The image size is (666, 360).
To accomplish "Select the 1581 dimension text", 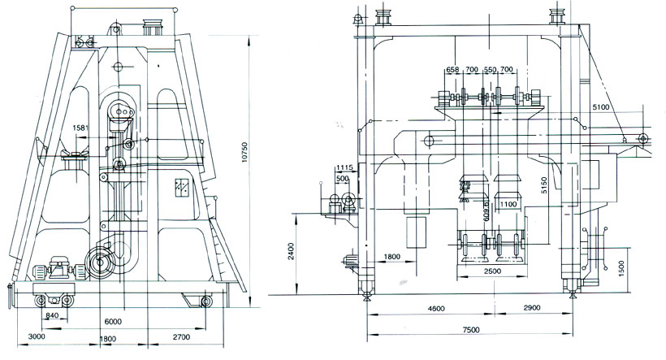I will (x=81, y=128).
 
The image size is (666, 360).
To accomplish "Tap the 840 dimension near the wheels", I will (x=52, y=315).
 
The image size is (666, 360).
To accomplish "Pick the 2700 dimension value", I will (x=181, y=336).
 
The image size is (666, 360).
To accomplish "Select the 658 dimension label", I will (x=452, y=71).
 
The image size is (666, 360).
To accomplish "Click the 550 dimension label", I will (x=491, y=71).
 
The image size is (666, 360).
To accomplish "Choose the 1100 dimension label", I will (x=508, y=204).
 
